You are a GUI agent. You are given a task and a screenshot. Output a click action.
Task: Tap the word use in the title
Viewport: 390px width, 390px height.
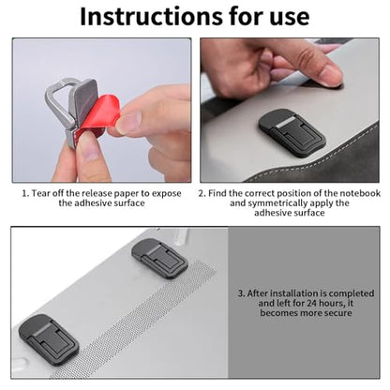tap(290, 18)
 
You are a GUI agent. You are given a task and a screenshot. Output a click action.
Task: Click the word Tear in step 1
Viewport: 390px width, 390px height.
tap(40, 193)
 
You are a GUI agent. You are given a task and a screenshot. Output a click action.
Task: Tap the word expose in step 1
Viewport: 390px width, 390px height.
tap(167, 194)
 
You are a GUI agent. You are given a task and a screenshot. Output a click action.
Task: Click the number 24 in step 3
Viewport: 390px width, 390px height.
tap(311, 303)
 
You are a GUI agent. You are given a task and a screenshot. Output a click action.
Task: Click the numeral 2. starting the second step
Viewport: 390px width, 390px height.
tap(202, 193)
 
